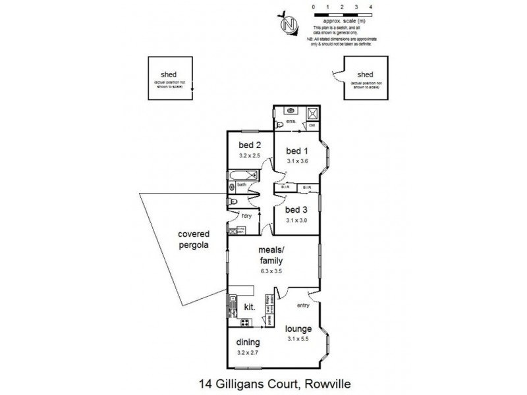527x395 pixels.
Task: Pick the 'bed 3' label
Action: (296, 210)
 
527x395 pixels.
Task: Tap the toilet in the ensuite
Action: (279, 124)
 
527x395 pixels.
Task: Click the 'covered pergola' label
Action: (192, 240)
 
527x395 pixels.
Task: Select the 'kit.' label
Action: (250, 307)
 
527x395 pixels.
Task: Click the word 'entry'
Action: (303, 305)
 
